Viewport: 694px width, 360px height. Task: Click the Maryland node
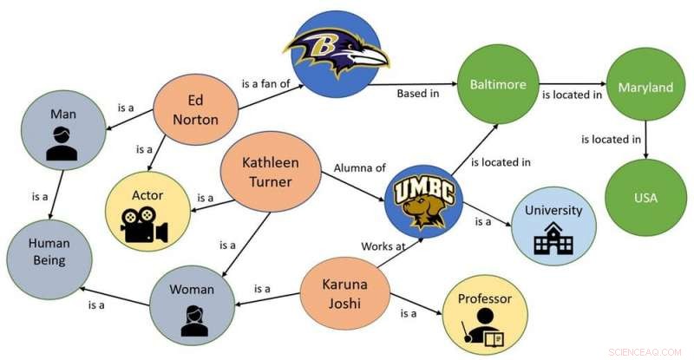coord(645,87)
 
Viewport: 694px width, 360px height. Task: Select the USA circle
coord(645,197)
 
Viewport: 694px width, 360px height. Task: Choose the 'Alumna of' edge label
coord(358,167)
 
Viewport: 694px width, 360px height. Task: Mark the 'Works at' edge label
coord(383,247)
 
